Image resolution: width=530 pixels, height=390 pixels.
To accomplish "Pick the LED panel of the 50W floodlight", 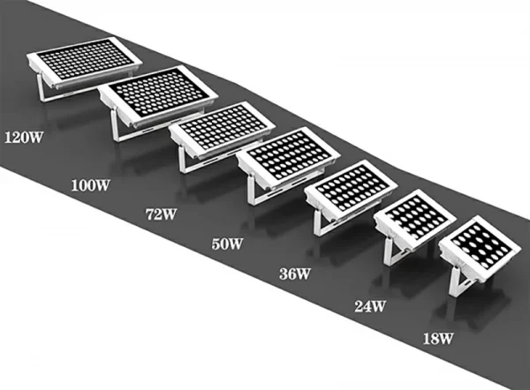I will [287, 157].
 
